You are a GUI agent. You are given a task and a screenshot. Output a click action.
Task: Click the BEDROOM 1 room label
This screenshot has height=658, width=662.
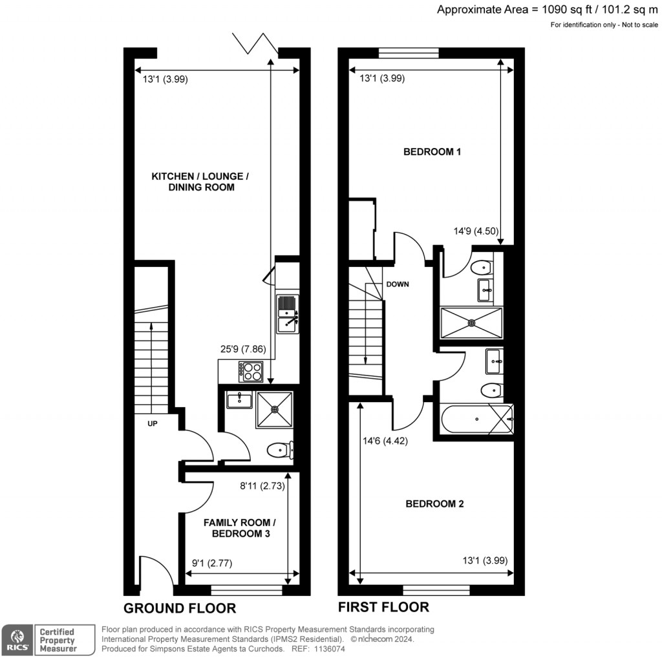click(x=432, y=153)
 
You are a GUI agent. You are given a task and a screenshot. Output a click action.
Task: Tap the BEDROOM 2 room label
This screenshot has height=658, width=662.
click(x=434, y=504)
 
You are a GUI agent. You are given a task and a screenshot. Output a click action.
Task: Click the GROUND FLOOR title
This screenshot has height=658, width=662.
click(x=179, y=608)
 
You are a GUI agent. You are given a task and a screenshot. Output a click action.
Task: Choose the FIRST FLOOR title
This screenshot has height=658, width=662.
click(x=383, y=607)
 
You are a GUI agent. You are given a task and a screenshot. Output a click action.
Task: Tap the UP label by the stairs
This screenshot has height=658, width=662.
click(x=153, y=425)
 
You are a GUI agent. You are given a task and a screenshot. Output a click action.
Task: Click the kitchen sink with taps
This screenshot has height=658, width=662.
click(x=288, y=314)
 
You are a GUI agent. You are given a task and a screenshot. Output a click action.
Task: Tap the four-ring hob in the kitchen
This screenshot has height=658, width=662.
click(x=251, y=372)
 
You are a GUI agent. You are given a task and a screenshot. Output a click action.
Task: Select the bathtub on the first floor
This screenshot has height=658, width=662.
click(x=476, y=419)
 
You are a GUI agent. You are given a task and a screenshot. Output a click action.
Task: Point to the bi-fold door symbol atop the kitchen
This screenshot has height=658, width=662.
click(x=255, y=43)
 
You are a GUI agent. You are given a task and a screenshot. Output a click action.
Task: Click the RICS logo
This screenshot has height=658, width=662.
click(x=17, y=639)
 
